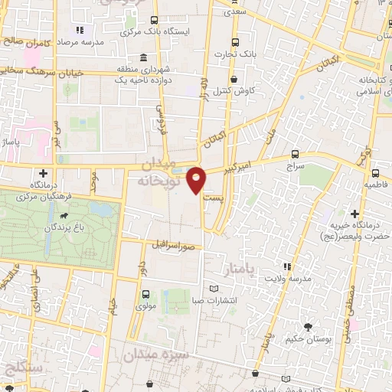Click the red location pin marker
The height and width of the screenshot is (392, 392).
click(x=198, y=179)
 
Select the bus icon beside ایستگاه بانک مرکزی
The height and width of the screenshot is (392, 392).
click(x=155, y=21)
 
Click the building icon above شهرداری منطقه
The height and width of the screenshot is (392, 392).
click(x=144, y=58)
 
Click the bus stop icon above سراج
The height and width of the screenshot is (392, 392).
click(x=296, y=154)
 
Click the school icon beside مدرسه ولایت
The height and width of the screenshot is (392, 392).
click(x=286, y=266)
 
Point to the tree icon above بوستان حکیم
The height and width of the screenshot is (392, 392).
click(x=307, y=327)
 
